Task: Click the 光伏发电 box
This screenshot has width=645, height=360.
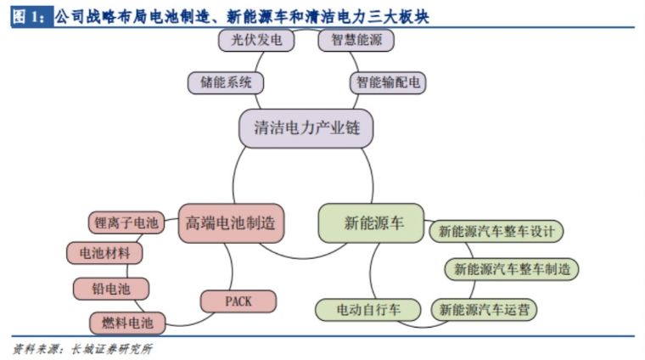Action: coord(256,40)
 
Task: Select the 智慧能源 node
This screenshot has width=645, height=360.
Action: coord(356,40)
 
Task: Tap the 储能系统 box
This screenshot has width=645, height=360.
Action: coord(226,82)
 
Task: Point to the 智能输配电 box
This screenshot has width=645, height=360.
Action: coord(388,82)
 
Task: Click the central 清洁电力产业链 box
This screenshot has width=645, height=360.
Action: coord(306,128)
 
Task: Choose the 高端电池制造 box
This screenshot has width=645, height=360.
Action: coord(231,223)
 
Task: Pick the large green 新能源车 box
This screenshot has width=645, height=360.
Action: coord(371,223)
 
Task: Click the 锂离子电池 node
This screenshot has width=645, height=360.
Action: coord(126,223)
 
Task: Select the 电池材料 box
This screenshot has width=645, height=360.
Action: coord(104,253)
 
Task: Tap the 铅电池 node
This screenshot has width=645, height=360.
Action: coord(111,289)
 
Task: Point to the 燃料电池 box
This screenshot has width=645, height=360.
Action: coord(127,323)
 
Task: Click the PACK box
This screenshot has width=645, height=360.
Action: coord(238,301)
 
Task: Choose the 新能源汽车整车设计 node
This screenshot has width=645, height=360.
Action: coord(496,231)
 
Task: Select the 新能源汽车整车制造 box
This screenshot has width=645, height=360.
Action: coord(512,269)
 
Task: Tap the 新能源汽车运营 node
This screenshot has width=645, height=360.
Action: coord(484,309)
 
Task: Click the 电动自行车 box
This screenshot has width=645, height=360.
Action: coord(368,309)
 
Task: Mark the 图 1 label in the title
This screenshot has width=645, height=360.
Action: coord(31,17)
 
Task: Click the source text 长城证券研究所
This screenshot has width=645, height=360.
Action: coord(111,349)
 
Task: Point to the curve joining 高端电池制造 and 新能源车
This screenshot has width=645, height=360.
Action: coord(303,258)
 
